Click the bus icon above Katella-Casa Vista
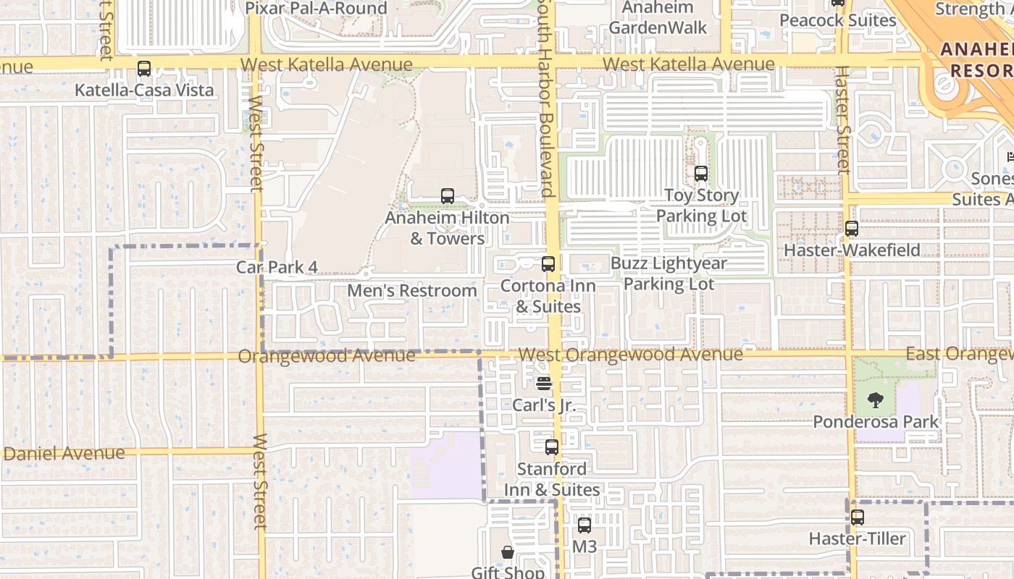(144, 69)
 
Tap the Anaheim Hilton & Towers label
(447, 228)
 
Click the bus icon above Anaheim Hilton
(448, 196)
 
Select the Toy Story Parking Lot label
(701, 206)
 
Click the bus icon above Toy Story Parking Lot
(700, 174)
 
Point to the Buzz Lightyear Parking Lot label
(669, 274)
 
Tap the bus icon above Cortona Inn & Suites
(548, 264)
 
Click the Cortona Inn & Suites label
(548, 296)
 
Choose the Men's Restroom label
(412, 291)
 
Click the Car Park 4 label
(277, 267)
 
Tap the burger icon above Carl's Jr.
(544, 383)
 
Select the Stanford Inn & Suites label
(552, 479)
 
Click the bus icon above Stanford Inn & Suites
(552, 447)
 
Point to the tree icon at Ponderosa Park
(876, 400)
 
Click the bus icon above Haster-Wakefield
(852, 229)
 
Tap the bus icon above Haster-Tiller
(858, 517)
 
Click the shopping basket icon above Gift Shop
(508, 553)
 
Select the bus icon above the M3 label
(584, 525)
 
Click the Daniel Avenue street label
(64, 454)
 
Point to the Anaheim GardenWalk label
(658, 18)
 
